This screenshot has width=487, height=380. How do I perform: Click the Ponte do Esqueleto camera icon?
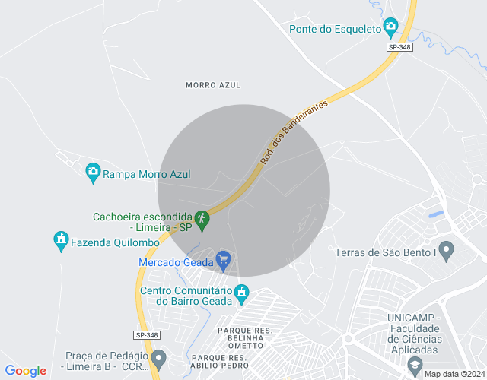(x=390, y=28)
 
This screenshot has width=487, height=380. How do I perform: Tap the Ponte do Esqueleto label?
(x=335, y=29)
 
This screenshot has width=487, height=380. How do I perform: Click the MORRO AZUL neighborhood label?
(x=212, y=85)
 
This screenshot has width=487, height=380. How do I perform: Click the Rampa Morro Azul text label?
(x=147, y=174)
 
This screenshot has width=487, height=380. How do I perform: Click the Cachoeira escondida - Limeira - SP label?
(x=142, y=221)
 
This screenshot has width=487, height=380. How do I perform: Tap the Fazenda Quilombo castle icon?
(x=61, y=242)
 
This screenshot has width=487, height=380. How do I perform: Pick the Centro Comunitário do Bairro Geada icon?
(x=242, y=293)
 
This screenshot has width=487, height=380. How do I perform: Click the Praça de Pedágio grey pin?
(x=158, y=358)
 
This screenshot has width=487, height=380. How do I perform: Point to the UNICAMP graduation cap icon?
(x=415, y=365)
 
